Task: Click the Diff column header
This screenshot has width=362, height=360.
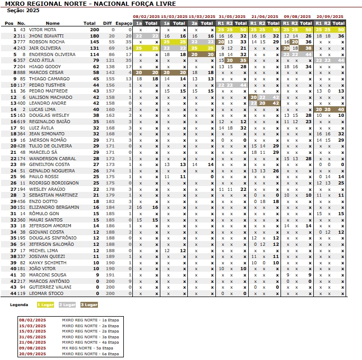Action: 107,23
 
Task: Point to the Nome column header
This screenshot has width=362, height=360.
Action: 53,23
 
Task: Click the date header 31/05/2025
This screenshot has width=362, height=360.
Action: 232,17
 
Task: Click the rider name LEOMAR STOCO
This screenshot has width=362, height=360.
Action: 46,293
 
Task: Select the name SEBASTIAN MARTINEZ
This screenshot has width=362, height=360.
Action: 53,195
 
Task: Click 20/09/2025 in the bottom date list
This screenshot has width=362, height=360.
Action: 33,354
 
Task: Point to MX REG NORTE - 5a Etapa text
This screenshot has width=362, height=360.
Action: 87,348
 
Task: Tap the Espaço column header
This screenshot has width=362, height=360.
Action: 124,23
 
